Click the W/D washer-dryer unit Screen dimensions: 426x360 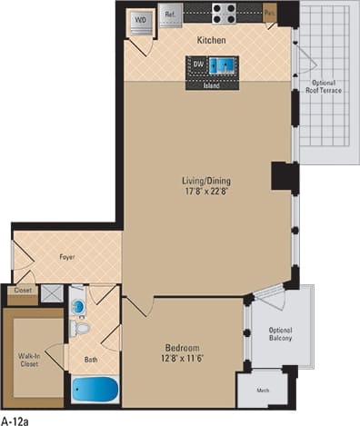[141, 21]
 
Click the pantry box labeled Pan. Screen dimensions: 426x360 [270, 14]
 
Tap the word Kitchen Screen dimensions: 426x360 [211, 41]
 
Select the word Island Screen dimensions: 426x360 [211, 85]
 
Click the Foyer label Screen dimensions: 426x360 [67, 258]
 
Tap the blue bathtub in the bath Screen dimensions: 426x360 [95, 391]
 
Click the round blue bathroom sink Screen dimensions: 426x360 [77, 306]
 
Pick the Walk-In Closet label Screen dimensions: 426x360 [30, 361]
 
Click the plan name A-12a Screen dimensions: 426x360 [16, 419]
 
